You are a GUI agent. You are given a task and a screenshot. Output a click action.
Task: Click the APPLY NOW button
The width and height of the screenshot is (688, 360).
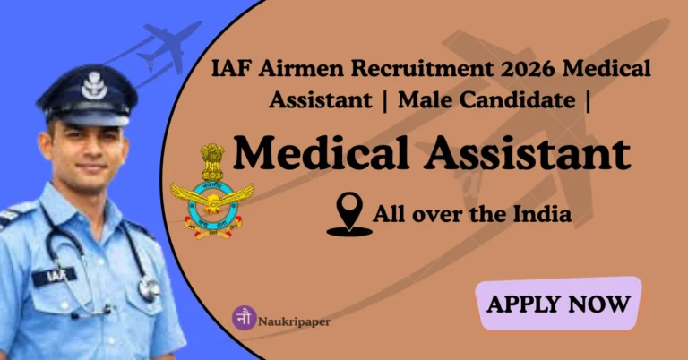[558, 304]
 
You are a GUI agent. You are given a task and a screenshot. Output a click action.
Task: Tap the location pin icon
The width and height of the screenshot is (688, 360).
[348, 217]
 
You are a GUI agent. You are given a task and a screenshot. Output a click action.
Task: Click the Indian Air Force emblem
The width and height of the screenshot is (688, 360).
[212, 192]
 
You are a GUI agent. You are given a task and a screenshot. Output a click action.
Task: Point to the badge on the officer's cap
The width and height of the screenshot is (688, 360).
[92, 86]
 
